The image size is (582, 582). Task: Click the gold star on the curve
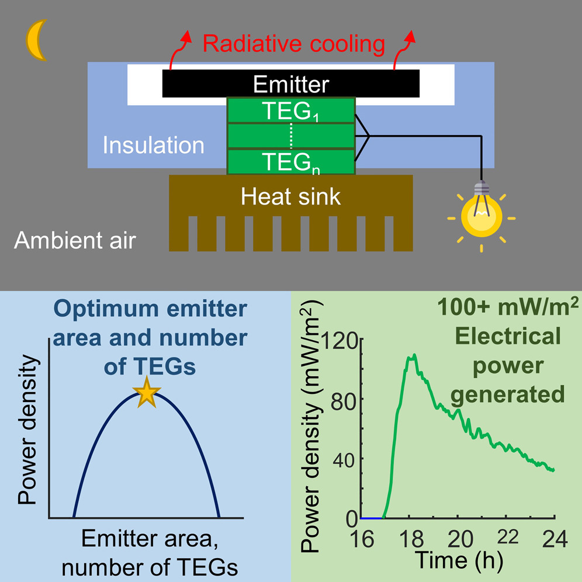(147, 394)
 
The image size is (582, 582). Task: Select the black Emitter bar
(290, 84)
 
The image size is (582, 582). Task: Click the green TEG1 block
(290, 110)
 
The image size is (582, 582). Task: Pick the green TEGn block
(290, 162)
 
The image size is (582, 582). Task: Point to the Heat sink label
(290, 196)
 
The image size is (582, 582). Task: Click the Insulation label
(154, 144)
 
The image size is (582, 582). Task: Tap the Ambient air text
(74, 240)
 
